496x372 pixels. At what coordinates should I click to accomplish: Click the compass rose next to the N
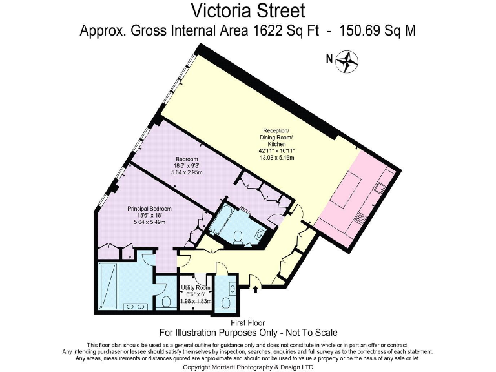click(347, 61)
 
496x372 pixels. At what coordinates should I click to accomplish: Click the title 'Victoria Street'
click(248, 11)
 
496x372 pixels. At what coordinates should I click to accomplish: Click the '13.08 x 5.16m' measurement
click(276, 158)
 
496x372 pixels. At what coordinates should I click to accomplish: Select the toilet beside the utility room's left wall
click(166, 301)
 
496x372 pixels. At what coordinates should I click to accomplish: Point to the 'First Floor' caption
click(248, 323)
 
